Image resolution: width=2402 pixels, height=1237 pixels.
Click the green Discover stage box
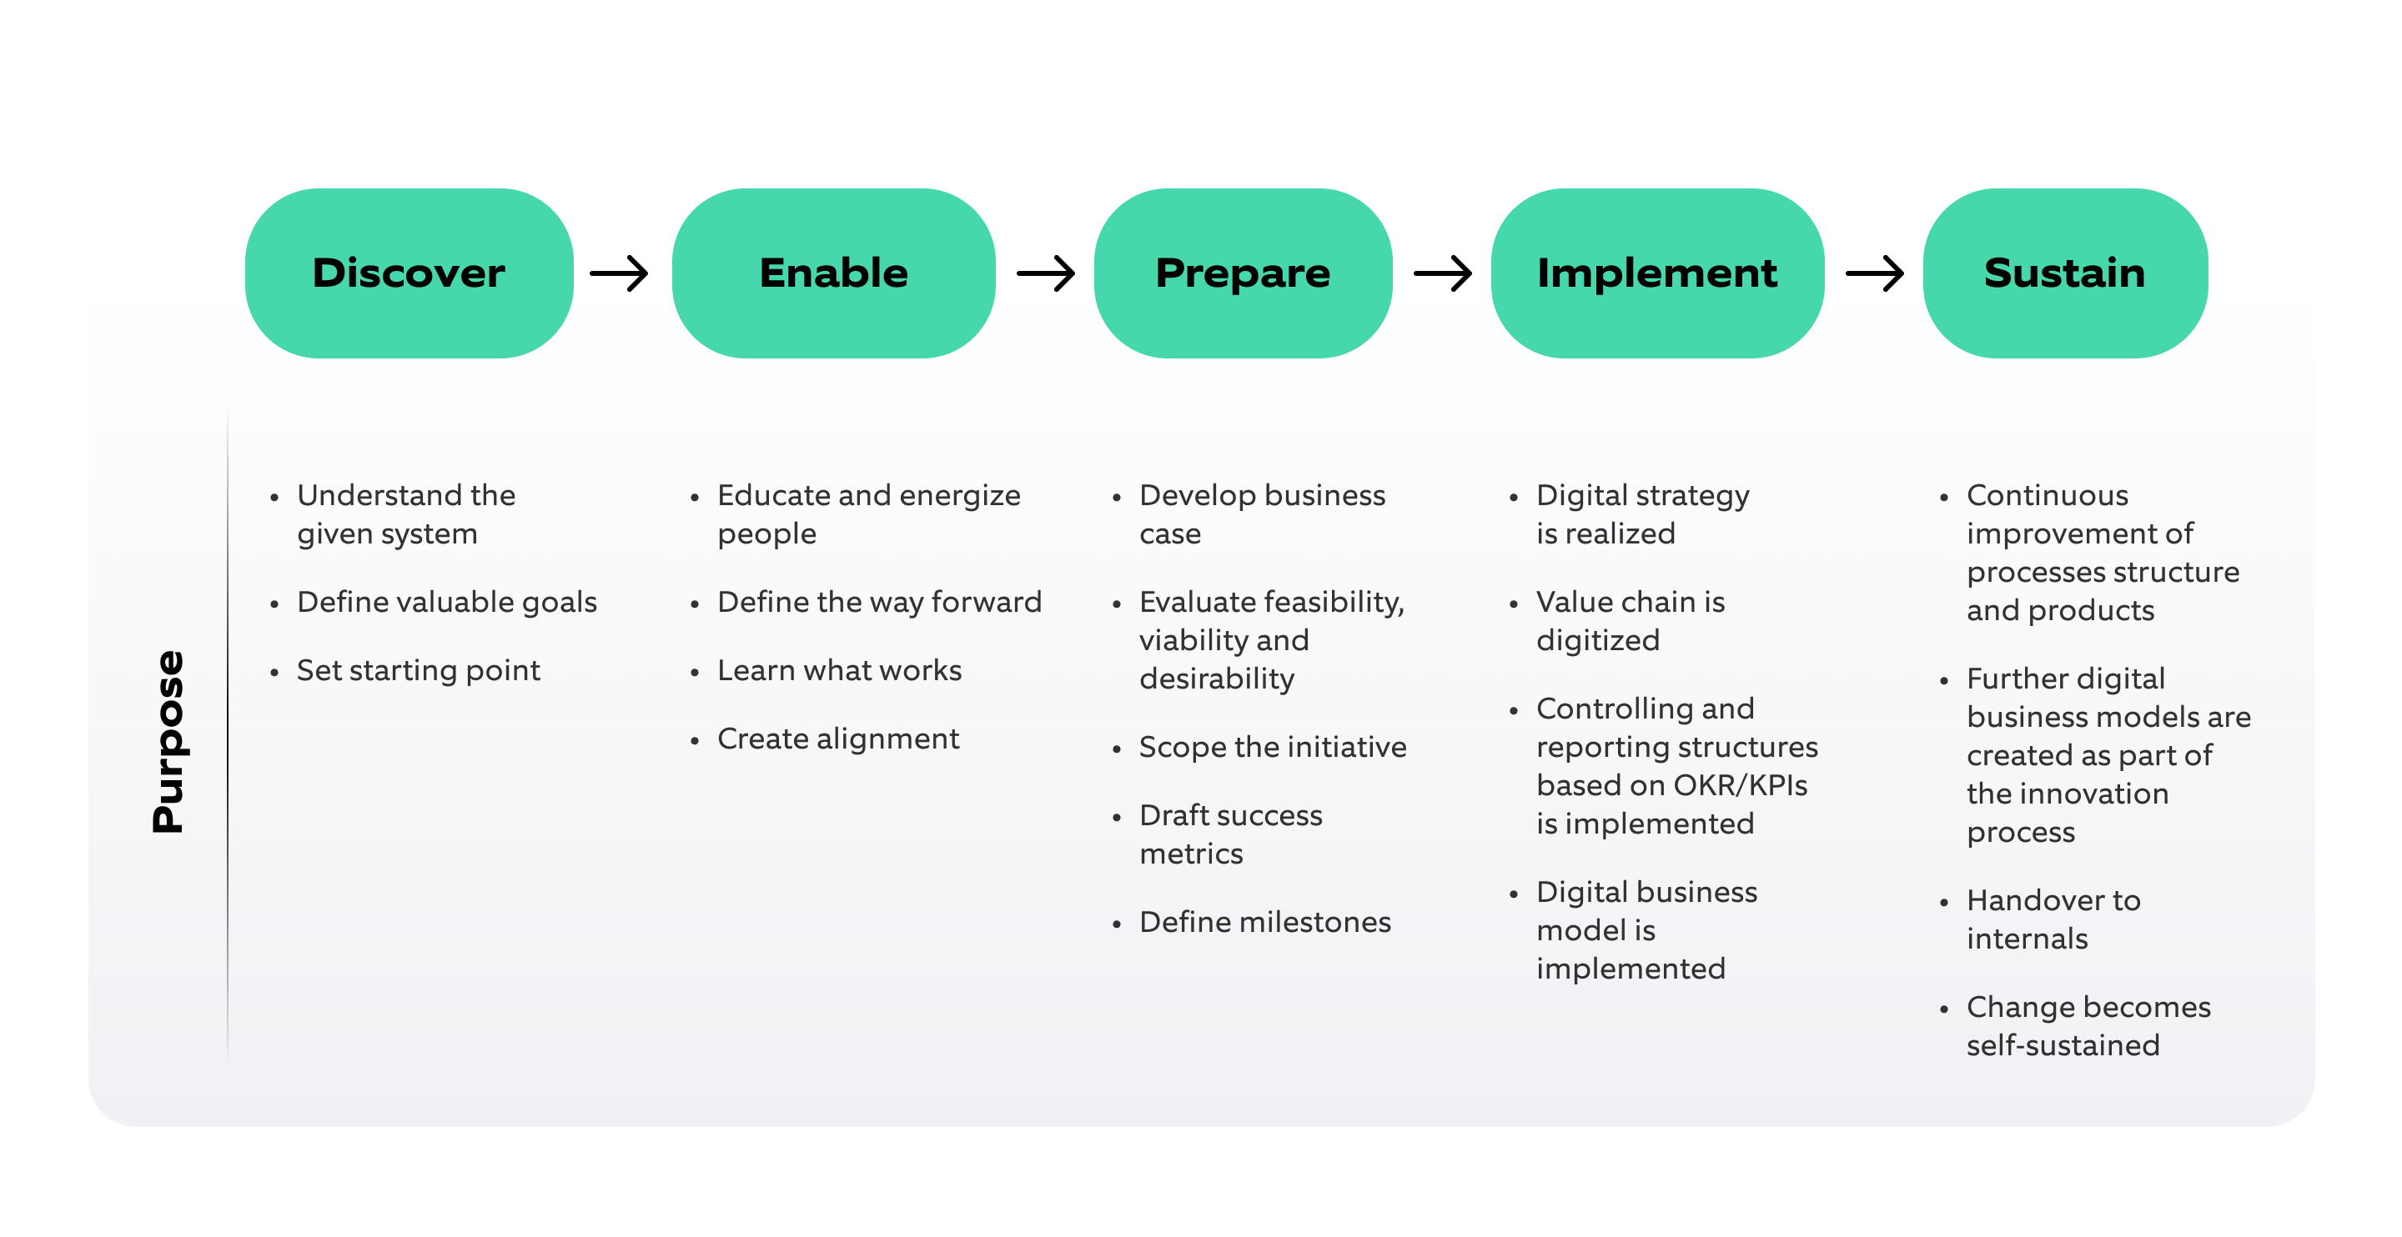(409, 273)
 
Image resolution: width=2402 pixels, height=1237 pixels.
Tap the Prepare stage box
(1242, 273)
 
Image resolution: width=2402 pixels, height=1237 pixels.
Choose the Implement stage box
(1656, 273)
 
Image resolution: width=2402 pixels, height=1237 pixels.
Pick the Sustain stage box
(2063, 273)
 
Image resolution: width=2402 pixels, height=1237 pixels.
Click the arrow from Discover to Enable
(619, 273)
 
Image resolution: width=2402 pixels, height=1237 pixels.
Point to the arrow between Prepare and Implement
(1443, 273)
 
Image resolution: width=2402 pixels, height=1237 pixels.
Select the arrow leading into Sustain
(1874, 273)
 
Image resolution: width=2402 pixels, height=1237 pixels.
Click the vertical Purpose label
(168, 741)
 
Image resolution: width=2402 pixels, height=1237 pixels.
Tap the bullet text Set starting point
(418, 670)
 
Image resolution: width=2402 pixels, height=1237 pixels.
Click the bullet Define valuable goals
(447, 602)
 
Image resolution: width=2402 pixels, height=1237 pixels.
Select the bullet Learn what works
(839, 670)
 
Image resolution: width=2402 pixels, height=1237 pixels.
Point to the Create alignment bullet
(837, 739)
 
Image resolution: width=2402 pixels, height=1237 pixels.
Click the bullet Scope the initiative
(1272, 747)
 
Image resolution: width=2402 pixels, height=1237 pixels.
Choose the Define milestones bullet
(1264, 922)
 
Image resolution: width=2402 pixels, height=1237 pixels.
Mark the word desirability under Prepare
(1216, 679)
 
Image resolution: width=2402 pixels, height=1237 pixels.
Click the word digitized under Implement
(1597, 640)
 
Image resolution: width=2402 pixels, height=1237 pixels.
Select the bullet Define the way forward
(878, 602)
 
